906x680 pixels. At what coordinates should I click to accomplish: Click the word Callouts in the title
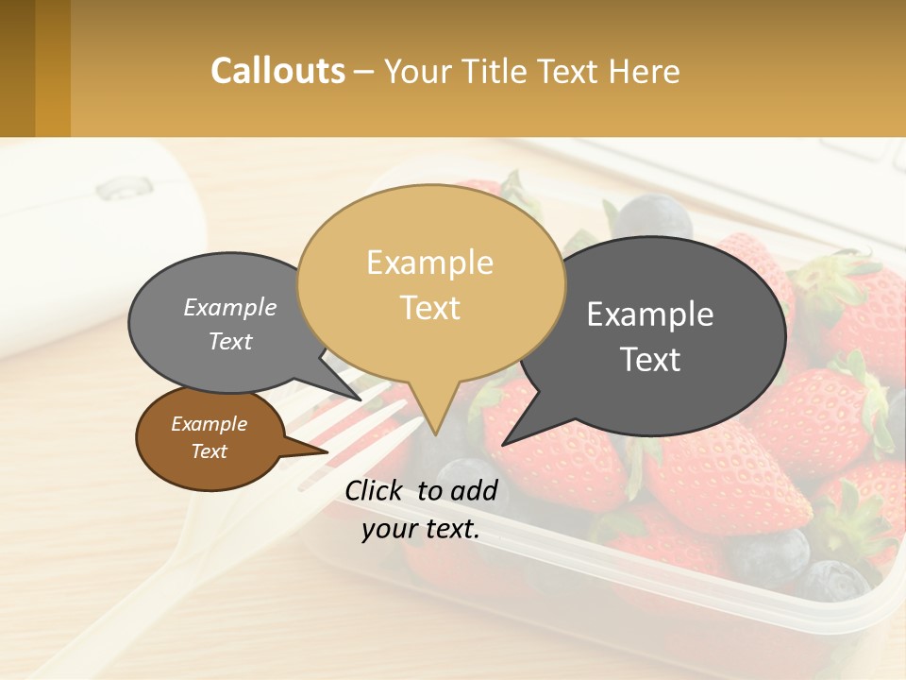pos(277,71)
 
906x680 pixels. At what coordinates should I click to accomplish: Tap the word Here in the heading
pos(645,72)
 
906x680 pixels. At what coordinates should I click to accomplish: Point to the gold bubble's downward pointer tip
pos(435,433)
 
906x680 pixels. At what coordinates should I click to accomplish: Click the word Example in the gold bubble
pos(429,263)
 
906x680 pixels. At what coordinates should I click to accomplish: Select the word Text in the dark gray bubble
pos(651,360)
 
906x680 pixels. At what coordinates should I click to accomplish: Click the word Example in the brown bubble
pos(209,424)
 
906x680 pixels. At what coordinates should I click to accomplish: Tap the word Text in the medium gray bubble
pos(230,342)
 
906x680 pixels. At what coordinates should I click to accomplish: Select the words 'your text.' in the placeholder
pos(421,529)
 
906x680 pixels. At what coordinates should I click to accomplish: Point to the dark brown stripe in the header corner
pos(17,68)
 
